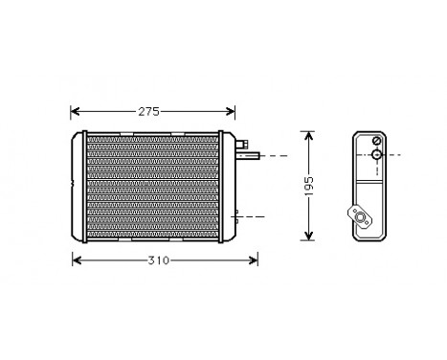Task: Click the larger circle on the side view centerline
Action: click(376, 155)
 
